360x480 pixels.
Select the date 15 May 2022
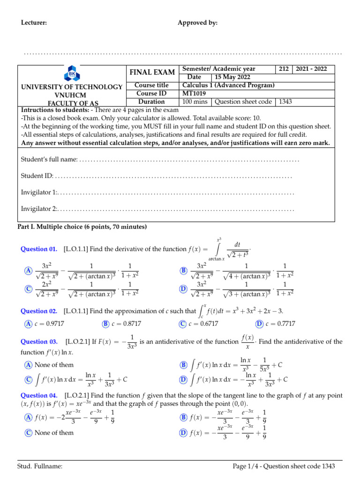tap(232, 77)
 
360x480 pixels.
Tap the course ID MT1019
tap(193, 93)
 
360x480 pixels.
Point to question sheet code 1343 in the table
tap(287, 101)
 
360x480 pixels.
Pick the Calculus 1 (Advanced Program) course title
tap(228, 85)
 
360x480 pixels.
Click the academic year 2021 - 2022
tap(314, 69)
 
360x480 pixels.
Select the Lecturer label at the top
tap(34, 23)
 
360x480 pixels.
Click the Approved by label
tap(197, 23)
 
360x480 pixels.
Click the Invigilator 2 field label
tap(39, 209)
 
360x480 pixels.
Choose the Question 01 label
tap(39, 249)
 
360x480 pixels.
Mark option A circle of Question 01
tap(29, 271)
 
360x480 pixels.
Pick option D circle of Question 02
tap(259, 324)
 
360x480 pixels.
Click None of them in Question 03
tap(54, 365)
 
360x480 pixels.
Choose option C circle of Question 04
tap(29, 433)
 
